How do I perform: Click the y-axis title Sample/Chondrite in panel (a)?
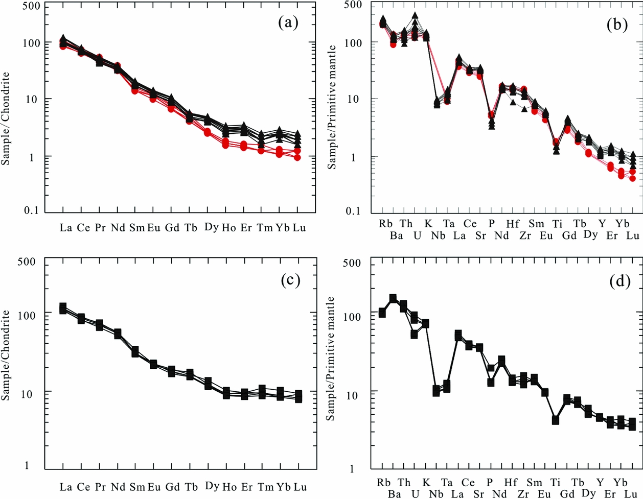[x=6, y=118]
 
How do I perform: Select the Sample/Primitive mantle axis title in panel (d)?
[x=332, y=358]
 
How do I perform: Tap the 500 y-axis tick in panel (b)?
[x=352, y=6]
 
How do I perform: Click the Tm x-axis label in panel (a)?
[x=265, y=228]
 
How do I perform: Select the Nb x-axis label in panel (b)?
[x=439, y=235]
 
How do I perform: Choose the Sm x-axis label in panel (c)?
[x=136, y=487]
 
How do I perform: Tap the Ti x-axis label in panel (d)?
[x=556, y=483]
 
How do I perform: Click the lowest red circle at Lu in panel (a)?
[x=297, y=157]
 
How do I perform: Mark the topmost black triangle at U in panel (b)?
[x=415, y=15]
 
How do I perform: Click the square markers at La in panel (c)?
[x=63, y=308]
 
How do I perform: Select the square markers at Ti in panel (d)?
[x=555, y=420]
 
